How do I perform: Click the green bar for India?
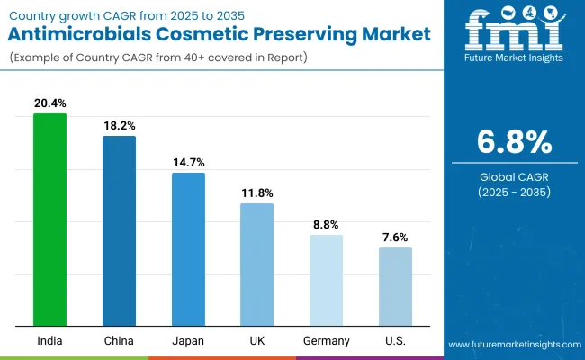coord(49,220)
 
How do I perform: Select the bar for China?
coord(119,231)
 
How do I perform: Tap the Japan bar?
coord(188,249)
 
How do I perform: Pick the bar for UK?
coord(256,265)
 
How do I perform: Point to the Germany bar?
coord(326,280)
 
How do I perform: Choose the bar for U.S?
coord(395,286)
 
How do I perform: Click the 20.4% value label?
coord(49,103)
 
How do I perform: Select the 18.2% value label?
coord(119,126)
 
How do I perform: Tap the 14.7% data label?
coord(188,163)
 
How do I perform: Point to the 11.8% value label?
coord(256,193)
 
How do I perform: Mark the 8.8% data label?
coord(326,225)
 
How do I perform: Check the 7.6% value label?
coord(395,238)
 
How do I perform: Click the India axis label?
coord(49,340)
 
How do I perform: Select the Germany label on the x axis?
coord(326,340)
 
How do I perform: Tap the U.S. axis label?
coord(395,340)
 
